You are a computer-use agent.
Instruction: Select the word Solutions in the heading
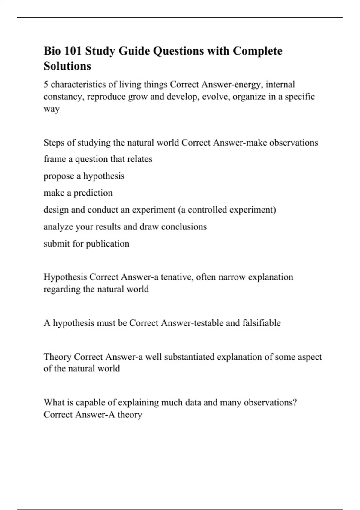(x=67, y=66)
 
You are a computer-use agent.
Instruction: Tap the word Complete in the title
(x=258, y=51)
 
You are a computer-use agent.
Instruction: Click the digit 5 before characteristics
(x=46, y=85)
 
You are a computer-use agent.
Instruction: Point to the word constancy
(x=64, y=97)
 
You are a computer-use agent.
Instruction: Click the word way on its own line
(x=52, y=109)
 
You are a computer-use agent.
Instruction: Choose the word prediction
(x=93, y=193)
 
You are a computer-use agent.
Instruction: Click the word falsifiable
(x=262, y=323)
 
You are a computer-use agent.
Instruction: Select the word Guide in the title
(x=134, y=51)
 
